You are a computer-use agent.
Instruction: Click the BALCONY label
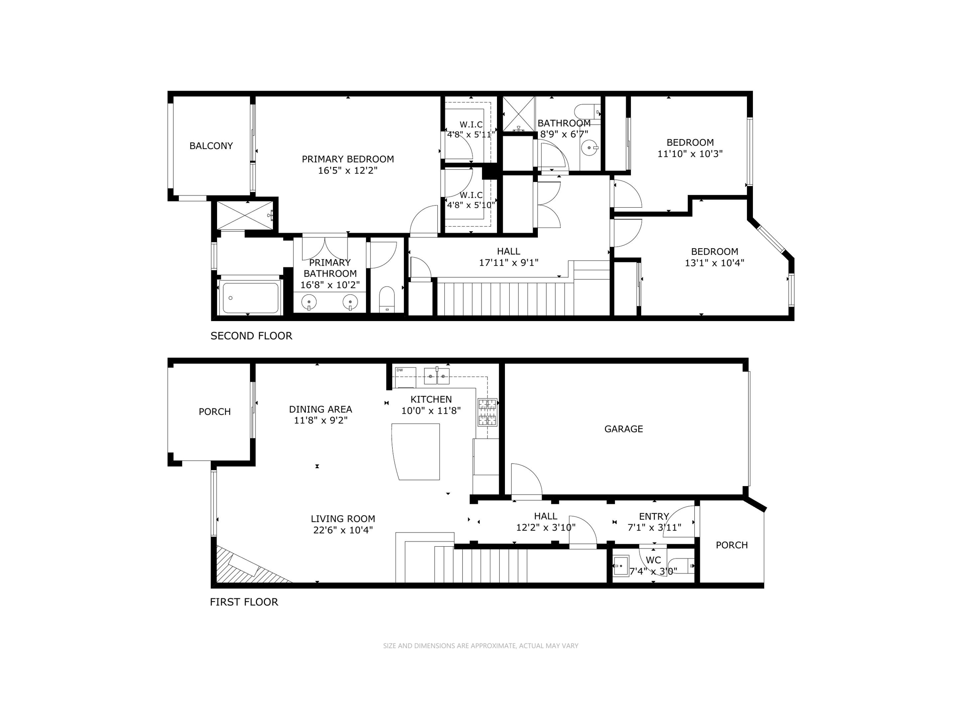point(211,146)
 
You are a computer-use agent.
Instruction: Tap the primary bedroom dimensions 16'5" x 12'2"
point(348,170)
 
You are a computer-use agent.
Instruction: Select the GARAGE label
point(623,429)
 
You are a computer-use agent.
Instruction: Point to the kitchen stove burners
point(487,412)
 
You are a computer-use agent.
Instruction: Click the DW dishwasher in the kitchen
point(405,377)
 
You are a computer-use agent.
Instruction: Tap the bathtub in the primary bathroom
point(250,298)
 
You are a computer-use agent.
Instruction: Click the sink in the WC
point(621,566)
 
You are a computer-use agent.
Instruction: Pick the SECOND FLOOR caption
point(251,336)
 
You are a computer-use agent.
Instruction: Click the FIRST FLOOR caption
point(244,602)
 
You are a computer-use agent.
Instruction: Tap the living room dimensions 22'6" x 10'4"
point(343,530)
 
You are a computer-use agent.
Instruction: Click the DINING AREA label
point(320,409)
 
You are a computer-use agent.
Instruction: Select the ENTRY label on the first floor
point(653,517)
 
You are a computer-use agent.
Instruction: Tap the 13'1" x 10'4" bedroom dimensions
point(714,263)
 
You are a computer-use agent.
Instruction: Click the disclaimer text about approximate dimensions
point(481,646)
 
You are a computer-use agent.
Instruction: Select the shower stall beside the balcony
point(245,215)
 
